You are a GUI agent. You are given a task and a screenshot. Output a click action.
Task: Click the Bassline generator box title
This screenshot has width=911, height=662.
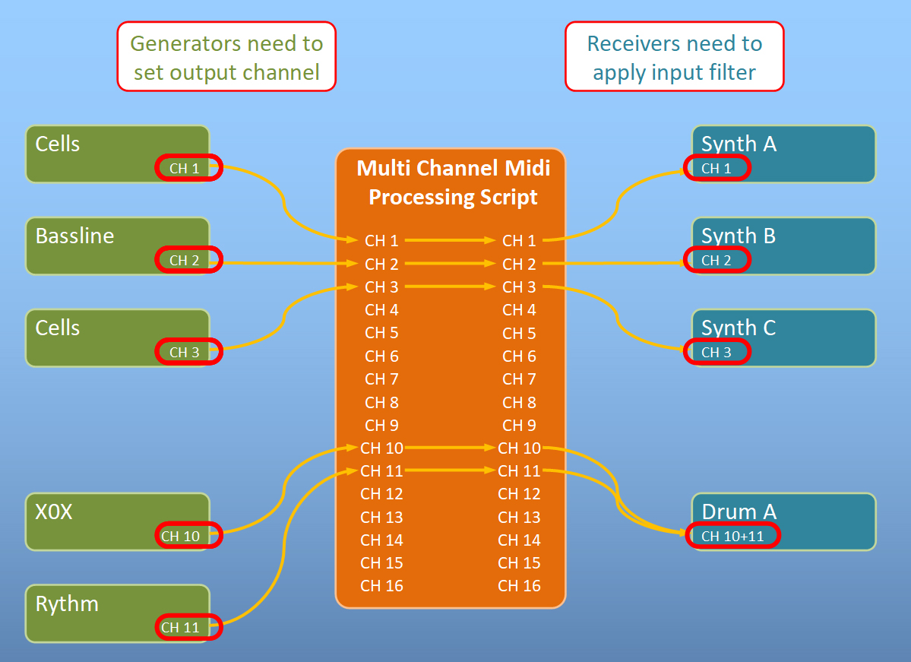coord(74,236)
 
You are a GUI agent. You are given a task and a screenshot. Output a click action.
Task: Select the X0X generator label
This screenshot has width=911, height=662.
coord(54,512)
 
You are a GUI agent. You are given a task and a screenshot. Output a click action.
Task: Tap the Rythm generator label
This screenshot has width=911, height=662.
coord(67,604)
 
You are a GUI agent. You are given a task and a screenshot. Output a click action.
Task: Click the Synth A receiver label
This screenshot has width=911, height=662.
coord(739,144)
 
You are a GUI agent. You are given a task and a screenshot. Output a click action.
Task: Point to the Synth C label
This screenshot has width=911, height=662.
coord(739,328)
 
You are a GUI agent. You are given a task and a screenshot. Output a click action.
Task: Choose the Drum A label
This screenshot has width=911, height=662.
coord(739,512)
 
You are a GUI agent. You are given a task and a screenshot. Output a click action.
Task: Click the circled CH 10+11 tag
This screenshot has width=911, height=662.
coord(732,536)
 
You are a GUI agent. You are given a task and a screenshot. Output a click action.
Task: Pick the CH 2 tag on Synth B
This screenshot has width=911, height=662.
coord(717,260)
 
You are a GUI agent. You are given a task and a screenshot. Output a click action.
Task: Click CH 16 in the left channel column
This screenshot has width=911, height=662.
coord(381,586)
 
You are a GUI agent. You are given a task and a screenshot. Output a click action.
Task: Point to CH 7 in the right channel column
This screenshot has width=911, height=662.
coord(519,379)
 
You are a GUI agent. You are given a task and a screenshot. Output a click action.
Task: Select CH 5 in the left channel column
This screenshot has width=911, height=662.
coord(381,333)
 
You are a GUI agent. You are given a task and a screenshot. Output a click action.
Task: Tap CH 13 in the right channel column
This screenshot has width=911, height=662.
coord(519,518)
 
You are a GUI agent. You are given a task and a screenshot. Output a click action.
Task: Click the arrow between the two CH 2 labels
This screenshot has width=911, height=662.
coord(451,264)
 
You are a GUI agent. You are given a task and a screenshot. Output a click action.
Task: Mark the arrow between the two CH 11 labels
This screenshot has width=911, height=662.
coord(451,470)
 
